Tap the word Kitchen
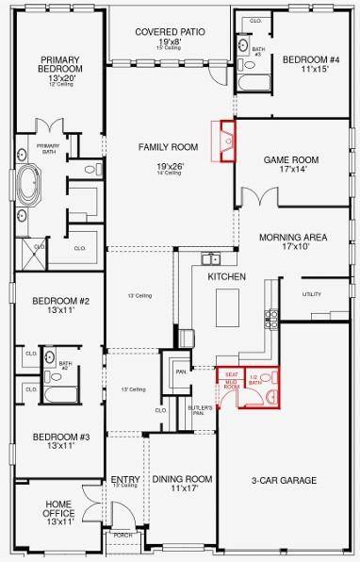(x=227, y=276)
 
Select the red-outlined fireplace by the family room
(x=226, y=141)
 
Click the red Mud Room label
(x=231, y=385)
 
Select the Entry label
(x=124, y=479)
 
